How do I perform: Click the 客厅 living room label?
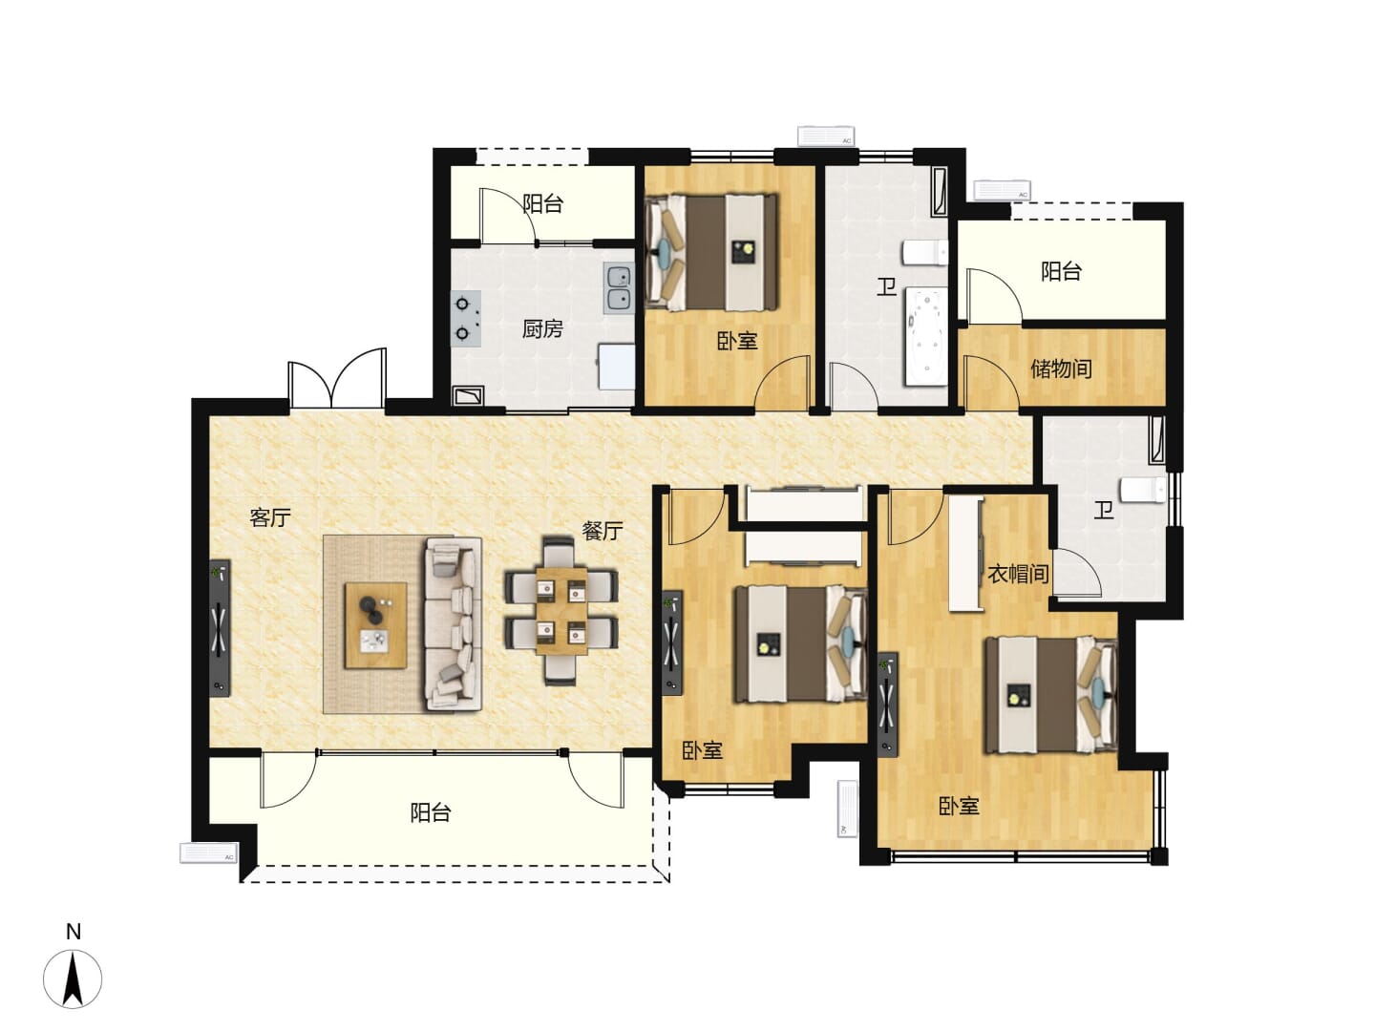(x=270, y=517)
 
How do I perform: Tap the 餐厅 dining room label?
(x=602, y=531)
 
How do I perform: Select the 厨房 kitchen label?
(x=542, y=328)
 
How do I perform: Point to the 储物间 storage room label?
(x=1061, y=368)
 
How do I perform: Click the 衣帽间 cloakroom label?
(x=1018, y=574)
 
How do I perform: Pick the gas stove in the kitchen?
(x=466, y=318)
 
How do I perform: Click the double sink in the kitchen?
(x=619, y=287)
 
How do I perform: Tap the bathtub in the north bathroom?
(x=925, y=337)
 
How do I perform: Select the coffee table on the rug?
(x=376, y=625)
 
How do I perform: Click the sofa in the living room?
(x=454, y=624)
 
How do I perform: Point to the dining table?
(x=561, y=611)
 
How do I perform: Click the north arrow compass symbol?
(x=73, y=979)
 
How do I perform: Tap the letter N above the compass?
(x=74, y=932)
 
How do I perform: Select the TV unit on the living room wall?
(x=220, y=628)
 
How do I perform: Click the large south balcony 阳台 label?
(x=431, y=813)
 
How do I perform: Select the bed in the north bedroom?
(x=711, y=252)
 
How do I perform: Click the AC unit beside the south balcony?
(x=208, y=852)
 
